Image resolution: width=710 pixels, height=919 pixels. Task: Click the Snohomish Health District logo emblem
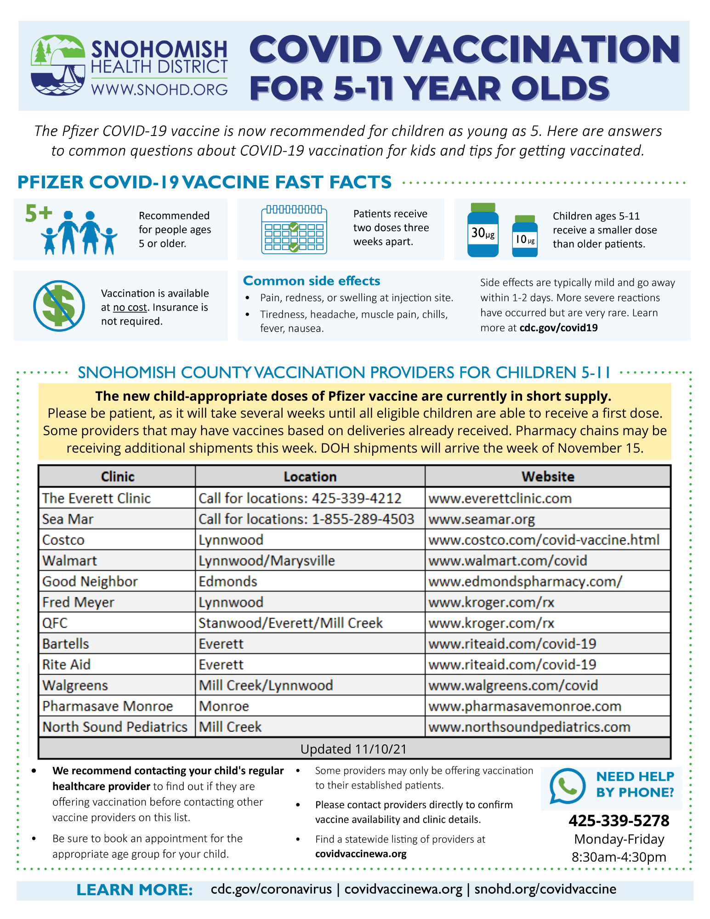(x=58, y=65)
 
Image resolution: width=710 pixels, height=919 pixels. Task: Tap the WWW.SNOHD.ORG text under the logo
(x=159, y=89)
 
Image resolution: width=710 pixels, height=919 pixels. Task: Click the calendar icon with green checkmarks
(x=294, y=229)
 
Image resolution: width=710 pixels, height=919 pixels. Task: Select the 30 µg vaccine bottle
(x=483, y=230)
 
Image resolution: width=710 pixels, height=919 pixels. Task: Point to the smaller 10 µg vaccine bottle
(x=524, y=236)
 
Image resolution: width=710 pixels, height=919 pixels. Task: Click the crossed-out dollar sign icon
(x=59, y=306)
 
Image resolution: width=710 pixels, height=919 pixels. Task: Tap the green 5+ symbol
(x=39, y=214)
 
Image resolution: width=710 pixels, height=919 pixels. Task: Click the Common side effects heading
(x=312, y=281)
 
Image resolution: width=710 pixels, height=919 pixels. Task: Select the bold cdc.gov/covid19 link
(x=558, y=328)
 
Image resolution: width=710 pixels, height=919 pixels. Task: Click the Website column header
(x=547, y=477)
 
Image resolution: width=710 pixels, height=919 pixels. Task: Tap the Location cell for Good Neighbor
(x=228, y=581)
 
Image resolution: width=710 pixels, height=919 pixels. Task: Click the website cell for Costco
(x=544, y=539)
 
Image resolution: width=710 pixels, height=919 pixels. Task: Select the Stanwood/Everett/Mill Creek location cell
(x=290, y=623)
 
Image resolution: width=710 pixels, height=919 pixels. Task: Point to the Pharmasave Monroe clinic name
(x=108, y=706)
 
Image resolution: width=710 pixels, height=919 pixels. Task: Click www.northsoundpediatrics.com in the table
(x=529, y=726)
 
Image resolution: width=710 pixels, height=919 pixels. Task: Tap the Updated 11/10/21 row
(x=354, y=749)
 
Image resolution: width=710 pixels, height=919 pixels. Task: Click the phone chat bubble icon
(x=568, y=785)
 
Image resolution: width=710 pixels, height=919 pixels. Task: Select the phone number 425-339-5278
(x=619, y=820)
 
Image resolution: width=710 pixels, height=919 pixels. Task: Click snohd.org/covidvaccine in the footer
(x=545, y=889)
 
